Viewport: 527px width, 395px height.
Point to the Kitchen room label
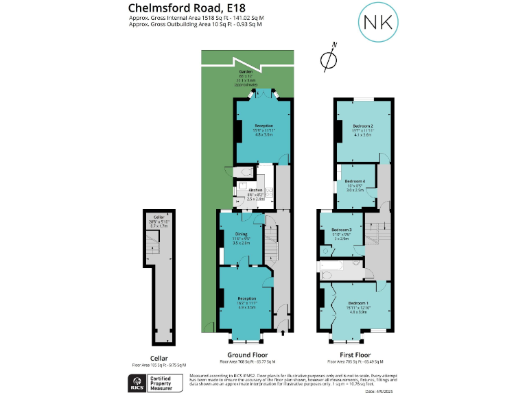pyautogui.click(x=255, y=189)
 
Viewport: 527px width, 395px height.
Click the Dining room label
pyautogui.click(x=241, y=235)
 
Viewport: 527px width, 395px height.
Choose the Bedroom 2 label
pyautogui.click(x=362, y=126)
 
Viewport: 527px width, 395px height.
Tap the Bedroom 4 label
pyautogui.click(x=354, y=180)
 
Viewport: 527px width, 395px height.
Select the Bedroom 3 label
pyautogui.click(x=341, y=230)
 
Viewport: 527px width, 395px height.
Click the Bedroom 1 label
pyautogui.click(x=358, y=302)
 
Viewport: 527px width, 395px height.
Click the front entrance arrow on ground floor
pyautogui.click(x=283, y=334)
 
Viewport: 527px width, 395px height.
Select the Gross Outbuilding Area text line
pyautogui.click(x=196, y=24)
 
